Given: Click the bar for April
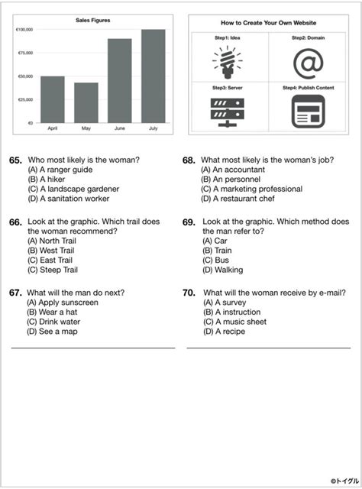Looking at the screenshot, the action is coord(52,99).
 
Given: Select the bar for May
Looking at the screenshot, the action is coord(86,102).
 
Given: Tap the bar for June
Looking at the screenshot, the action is coord(119,80).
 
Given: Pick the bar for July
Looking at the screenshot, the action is coord(153,76).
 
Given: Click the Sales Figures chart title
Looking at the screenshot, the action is coord(92,21).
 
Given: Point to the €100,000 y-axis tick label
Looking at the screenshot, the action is coord(24,30).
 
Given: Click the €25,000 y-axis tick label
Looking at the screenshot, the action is coord(25,99).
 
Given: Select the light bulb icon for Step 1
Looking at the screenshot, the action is coord(227,62).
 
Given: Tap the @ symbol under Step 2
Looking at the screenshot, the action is coord(309,63).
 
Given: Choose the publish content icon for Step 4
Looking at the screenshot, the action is coord(309,112).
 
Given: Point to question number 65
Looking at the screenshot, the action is coord(15,160).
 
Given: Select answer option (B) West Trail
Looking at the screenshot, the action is coord(53,250).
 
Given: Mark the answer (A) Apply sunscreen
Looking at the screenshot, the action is coord(63,303).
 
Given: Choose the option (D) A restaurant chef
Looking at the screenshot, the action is coord(238,199).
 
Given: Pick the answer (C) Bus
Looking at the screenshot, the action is coord(218,260).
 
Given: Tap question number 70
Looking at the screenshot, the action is coord(189,293).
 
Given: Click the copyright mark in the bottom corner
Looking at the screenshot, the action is coord(334,481).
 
